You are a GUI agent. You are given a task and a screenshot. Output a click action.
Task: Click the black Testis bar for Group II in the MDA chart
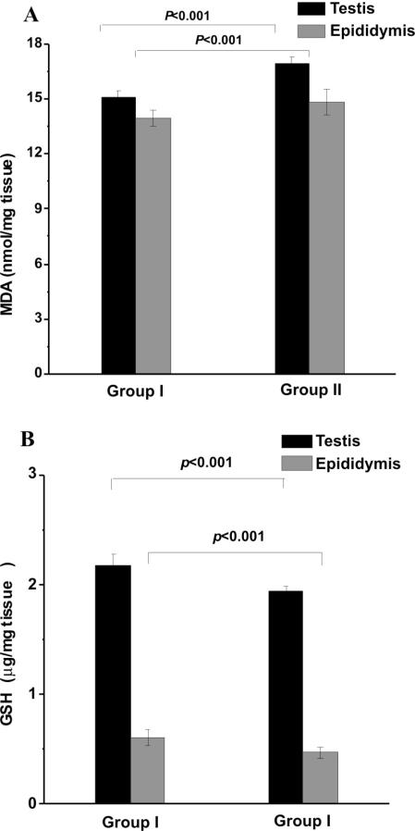[x=291, y=218]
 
